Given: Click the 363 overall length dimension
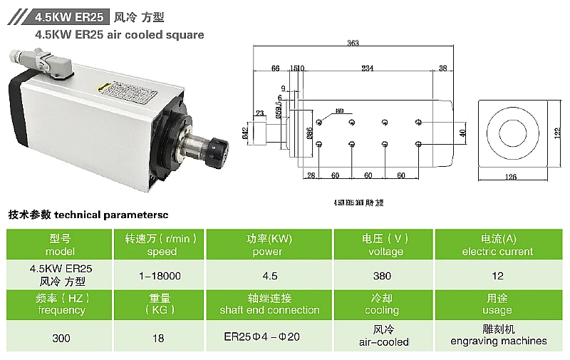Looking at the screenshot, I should pyautogui.click(x=353, y=43).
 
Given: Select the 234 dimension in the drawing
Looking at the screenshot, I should pyautogui.click(x=367, y=68).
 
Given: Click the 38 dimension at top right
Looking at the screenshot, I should pyautogui.click(x=442, y=68).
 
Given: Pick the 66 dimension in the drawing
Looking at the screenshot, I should pyautogui.click(x=275, y=68).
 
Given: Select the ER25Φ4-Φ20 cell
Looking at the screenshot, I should pyautogui.click(x=265, y=336).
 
